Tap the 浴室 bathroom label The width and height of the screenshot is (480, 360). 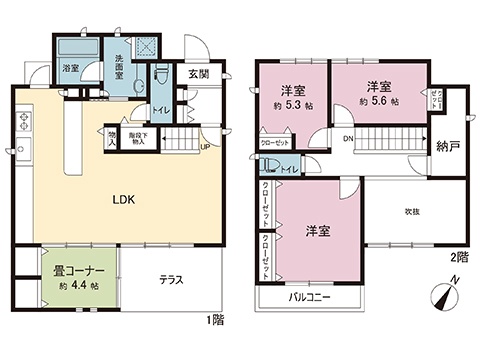pos(71,69)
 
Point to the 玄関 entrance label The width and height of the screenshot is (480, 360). pos(197,73)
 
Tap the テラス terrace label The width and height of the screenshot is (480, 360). pos(170,280)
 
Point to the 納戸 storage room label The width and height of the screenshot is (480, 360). pos(446,145)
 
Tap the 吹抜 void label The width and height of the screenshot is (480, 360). pos(411,212)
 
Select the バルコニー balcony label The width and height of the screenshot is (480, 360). pos(307,298)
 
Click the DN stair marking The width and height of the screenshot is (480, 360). pos(347,139)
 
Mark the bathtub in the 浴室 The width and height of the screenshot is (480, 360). pos(75,50)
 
